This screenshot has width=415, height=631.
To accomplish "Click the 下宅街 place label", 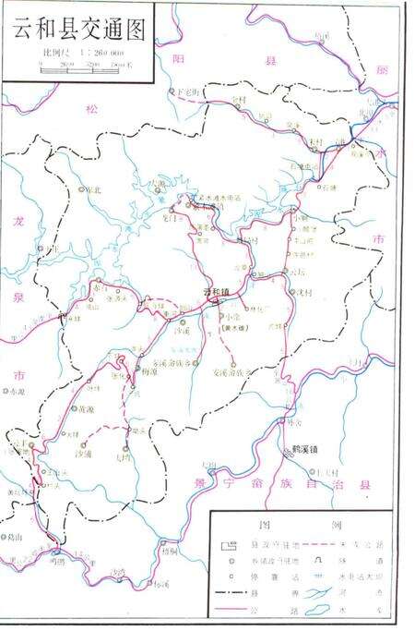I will (x=187, y=92).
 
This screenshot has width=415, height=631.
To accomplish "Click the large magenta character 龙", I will (x=18, y=222).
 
